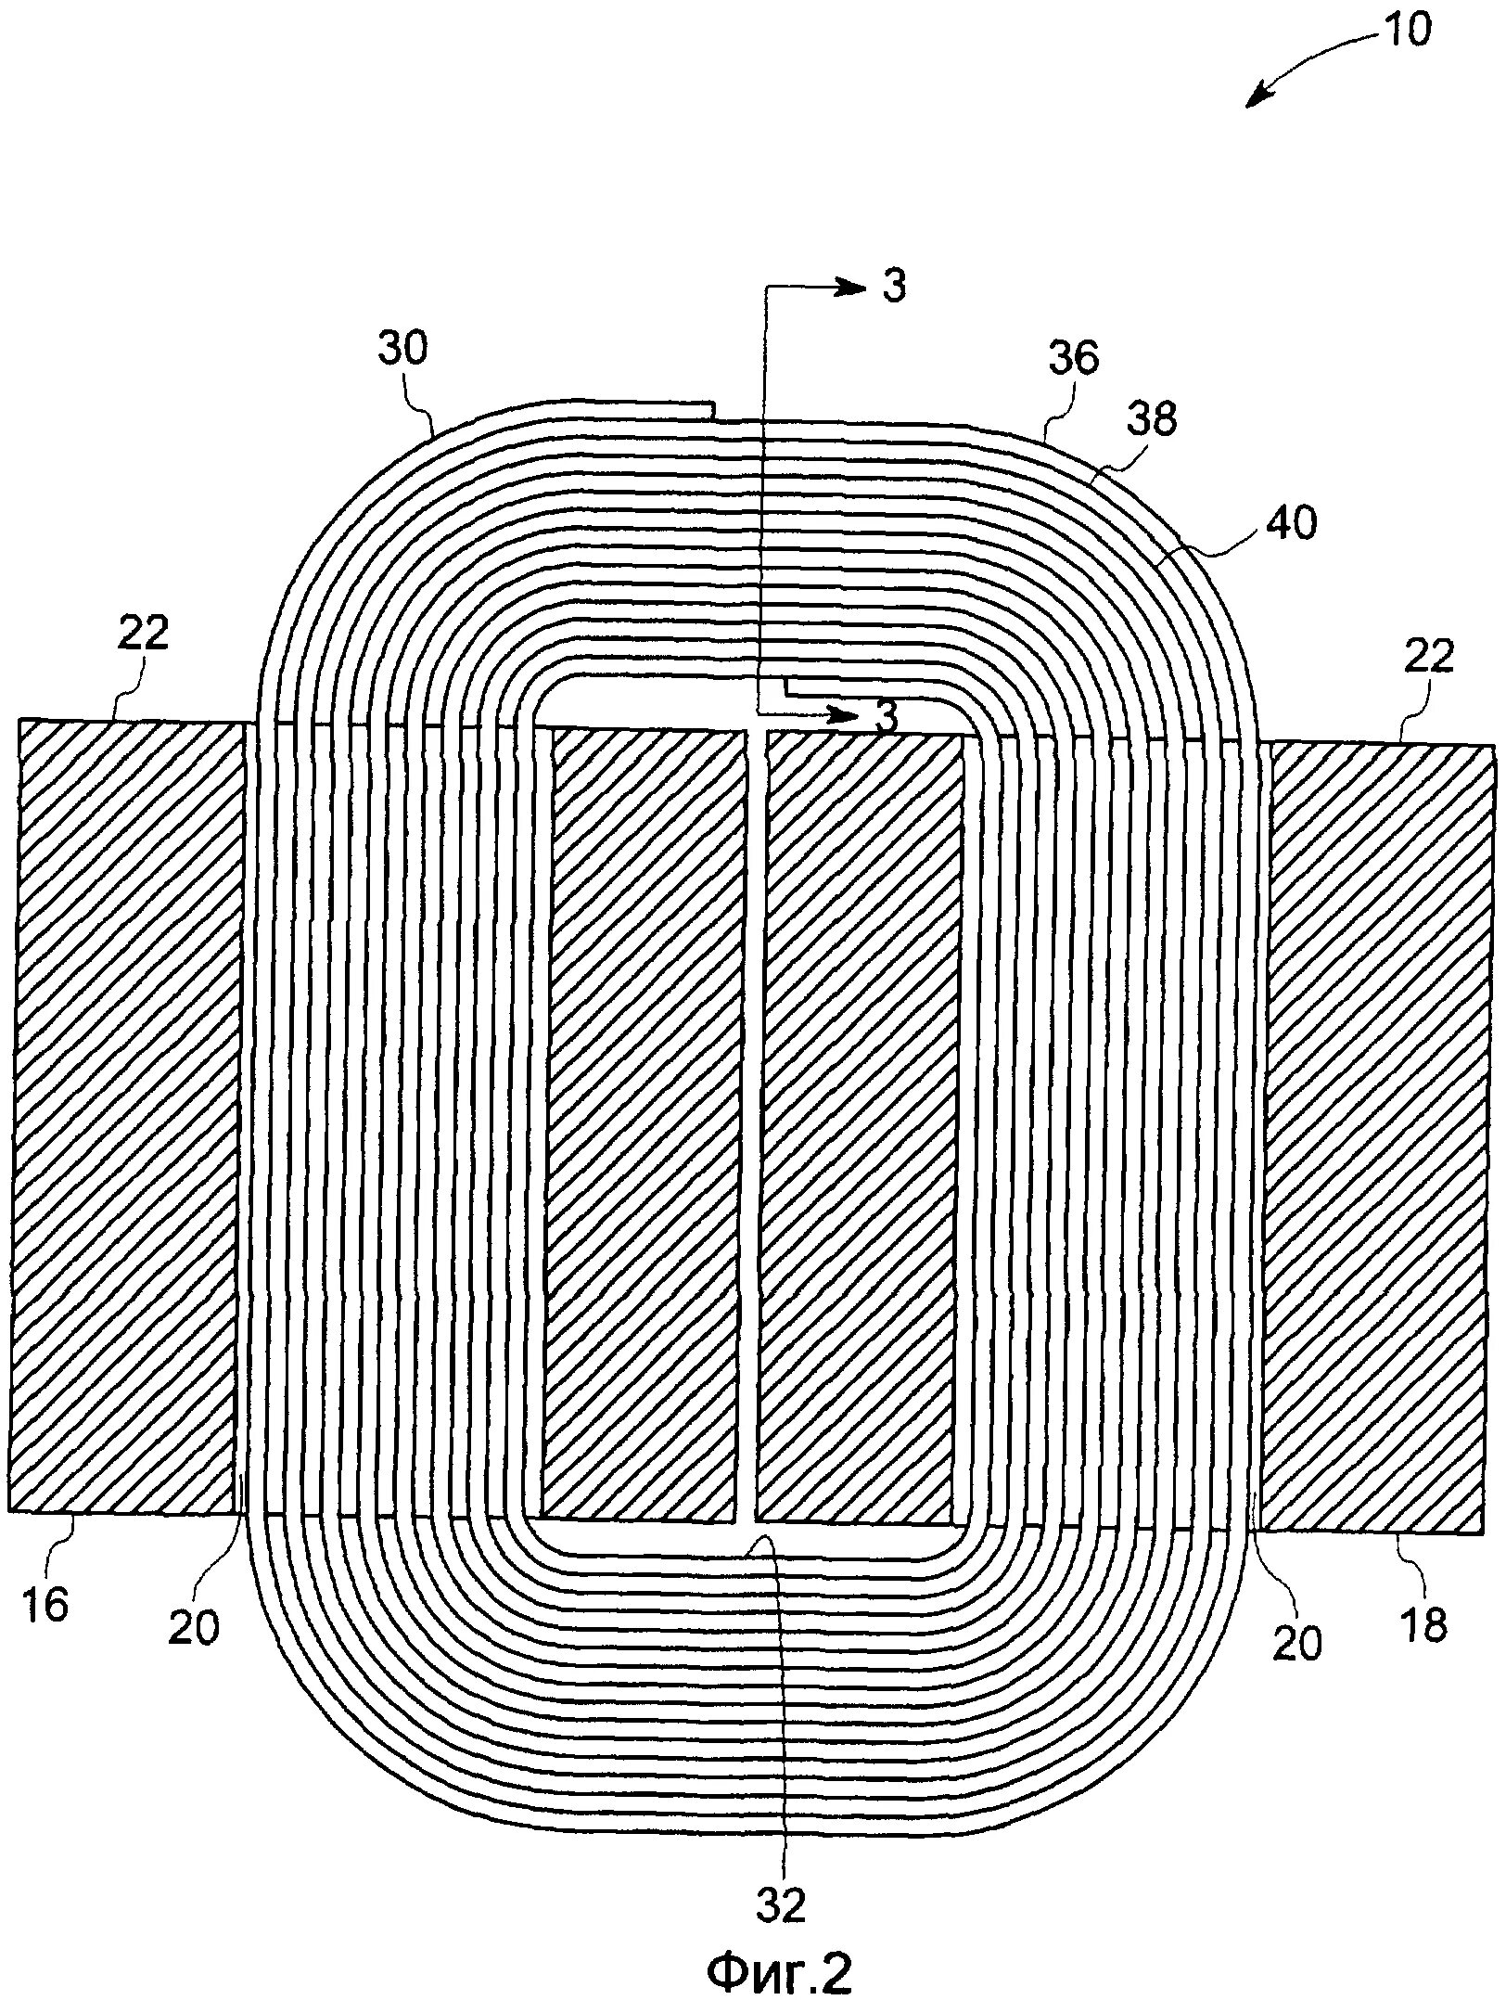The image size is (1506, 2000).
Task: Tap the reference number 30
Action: point(403,351)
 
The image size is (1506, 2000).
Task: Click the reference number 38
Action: point(1153,419)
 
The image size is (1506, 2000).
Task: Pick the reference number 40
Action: point(1291,525)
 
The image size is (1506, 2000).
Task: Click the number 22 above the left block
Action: point(144,633)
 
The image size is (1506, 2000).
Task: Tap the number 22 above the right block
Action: point(1428,657)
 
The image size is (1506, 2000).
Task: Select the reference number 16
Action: point(44,1605)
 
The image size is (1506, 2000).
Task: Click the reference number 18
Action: point(1424,1624)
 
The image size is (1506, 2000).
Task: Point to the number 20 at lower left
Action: point(194,1628)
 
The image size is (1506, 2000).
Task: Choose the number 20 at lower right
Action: point(1296,1643)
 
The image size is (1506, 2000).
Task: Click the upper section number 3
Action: point(893,288)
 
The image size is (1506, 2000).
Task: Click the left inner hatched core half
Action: point(644,1127)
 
